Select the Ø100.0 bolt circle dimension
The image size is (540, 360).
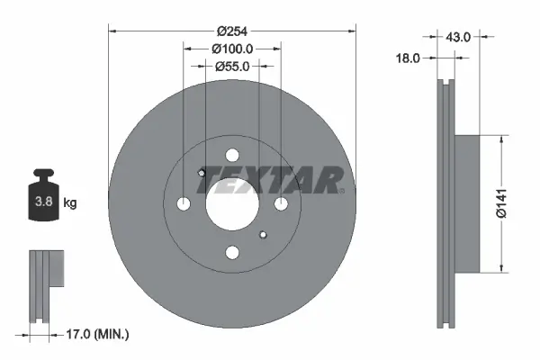point(231,49)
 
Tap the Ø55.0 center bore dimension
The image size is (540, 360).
point(232,66)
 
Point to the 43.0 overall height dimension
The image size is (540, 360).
point(458,37)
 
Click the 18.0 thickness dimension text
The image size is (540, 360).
point(409,58)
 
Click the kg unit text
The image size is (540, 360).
point(70,203)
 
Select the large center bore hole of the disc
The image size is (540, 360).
point(232,204)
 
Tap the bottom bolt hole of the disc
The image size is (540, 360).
point(232,253)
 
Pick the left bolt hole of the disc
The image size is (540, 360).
point(184,204)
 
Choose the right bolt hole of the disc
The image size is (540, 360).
point(281,204)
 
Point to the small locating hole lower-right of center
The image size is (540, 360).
point(262,235)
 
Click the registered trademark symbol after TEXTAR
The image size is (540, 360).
point(341,190)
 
